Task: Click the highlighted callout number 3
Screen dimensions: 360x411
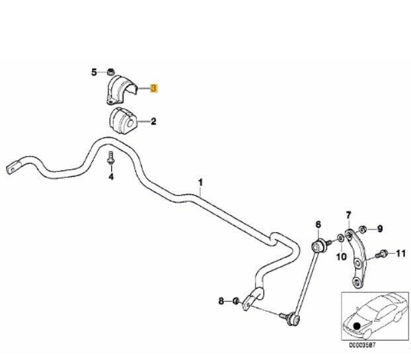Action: [x=154, y=87]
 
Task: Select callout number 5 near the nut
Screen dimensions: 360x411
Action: [x=93, y=71]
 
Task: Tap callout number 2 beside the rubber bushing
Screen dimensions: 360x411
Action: [x=154, y=121]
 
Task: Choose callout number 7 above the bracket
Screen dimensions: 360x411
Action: [x=349, y=214]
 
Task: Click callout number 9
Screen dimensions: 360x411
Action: [x=380, y=229]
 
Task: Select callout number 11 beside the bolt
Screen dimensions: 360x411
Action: [x=400, y=253]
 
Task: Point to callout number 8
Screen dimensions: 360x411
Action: [x=221, y=301]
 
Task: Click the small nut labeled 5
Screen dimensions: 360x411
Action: [x=111, y=71]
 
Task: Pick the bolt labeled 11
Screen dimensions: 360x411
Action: [x=381, y=253]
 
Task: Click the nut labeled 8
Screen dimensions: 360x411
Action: [x=236, y=302]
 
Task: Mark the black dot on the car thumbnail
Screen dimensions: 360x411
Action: [x=357, y=324]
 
